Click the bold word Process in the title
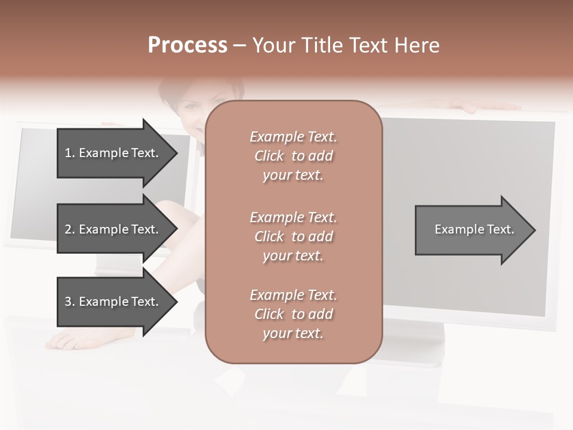[x=187, y=45]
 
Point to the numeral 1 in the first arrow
[x=67, y=153]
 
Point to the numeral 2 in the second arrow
[x=68, y=229]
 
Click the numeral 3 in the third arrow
[x=68, y=302]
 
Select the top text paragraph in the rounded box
[x=293, y=156]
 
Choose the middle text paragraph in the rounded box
[x=293, y=236]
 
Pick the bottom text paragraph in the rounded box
[x=293, y=314]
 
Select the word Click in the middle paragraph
[x=269, y=236]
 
